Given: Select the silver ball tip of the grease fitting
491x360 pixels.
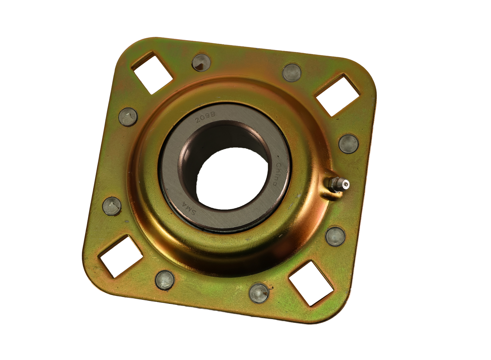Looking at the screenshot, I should tap(346, 185).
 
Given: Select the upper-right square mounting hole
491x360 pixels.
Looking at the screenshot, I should tap(337, 95).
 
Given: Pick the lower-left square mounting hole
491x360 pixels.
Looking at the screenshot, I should tap(120, 256).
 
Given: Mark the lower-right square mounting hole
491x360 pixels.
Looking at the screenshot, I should tap(311, 283).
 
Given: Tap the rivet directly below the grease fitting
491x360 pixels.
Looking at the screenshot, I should tap(335, 236).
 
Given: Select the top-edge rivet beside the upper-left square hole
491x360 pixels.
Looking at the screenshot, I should tap(201, 63).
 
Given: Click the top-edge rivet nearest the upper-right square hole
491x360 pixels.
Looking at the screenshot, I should tap(292, 72).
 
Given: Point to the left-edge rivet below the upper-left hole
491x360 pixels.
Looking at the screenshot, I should tap(128, 117).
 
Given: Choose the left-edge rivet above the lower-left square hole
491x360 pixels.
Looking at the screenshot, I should tap(112, 206).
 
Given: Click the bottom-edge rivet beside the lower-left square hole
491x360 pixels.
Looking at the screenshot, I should tap(165, 280).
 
